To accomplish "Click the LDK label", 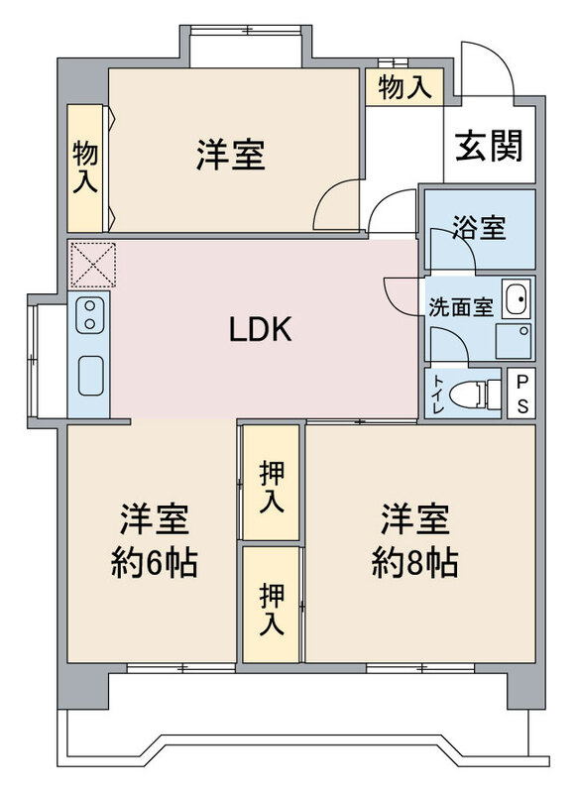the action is pyautogui.click(x=261, y=329).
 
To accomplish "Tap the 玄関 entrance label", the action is pyautogui.click(x=489, y=147).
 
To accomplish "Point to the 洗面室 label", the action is pyautogui.click(x=461, y=307).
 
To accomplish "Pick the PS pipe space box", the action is pyautogui.click(x=520, y=393).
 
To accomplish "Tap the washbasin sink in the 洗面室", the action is pyautogui.click(x=516, y=298).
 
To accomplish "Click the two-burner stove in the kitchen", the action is pyautogui.click(x=90, y=314).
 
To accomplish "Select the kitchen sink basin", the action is pyautogui.click(x=91, y=376).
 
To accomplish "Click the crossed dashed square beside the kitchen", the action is pyautogui.click(x=92, y=265).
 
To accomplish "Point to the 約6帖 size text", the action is pyautogui.click(x=154, y=563).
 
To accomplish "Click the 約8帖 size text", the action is pyautogui.click(x=415, y=563).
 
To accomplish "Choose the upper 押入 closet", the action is pyautogui.click(x=271, y=482).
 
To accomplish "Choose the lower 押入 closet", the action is pyautogui.click(x=271, y=605).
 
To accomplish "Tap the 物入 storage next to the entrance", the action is pyautogui.click(x=404, y=87).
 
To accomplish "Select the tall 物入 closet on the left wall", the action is pyautogui.click(x=85, y=168).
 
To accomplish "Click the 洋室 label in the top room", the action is pyautogui.click(x=231, y=156).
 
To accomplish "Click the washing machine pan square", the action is pyautogui.click(x=514, y=341).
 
